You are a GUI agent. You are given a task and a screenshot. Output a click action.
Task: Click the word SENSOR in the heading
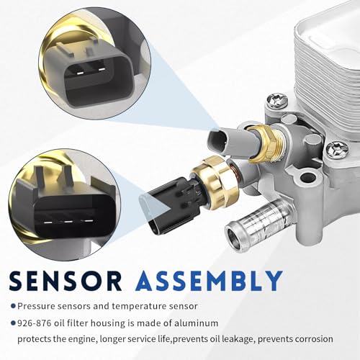tap(66, 281)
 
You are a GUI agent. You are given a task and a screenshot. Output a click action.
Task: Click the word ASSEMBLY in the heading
tap(209, 281)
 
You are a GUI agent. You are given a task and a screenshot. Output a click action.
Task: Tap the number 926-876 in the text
tap(35, 323)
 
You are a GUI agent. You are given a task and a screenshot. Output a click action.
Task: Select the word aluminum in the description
tap(197, 323)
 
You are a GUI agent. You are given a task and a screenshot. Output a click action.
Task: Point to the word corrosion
tap(314, 339)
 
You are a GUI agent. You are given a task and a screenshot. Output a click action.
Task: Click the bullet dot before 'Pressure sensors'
tap(14, 306)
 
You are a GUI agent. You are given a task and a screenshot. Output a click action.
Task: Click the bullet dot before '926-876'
tap(14, 323)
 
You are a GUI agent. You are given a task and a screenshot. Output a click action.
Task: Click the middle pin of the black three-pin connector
tap(68, 222)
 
